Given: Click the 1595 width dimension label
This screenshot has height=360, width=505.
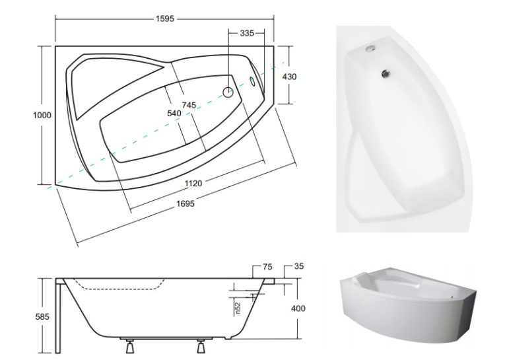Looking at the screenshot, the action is (x=164, y=18).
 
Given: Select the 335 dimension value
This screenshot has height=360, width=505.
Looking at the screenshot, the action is (x=247, y=33).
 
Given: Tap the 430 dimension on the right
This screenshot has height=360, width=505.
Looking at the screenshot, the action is (x=289, y=77).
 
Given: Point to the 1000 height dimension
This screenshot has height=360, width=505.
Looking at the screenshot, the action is (x=42, y=115).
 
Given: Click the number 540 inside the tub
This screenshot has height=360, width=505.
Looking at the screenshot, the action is (x=174, y=113).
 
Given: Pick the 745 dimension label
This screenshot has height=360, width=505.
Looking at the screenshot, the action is (x=189, y=105).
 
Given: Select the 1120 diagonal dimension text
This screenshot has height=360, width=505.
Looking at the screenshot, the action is (x=193, y=184).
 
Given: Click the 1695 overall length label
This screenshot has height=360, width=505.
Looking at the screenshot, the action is (x=185, y=203).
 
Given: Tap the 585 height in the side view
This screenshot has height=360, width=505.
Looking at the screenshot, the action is (x=42, y=317).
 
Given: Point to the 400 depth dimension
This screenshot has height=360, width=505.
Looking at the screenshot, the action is (x=298, y=308).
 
